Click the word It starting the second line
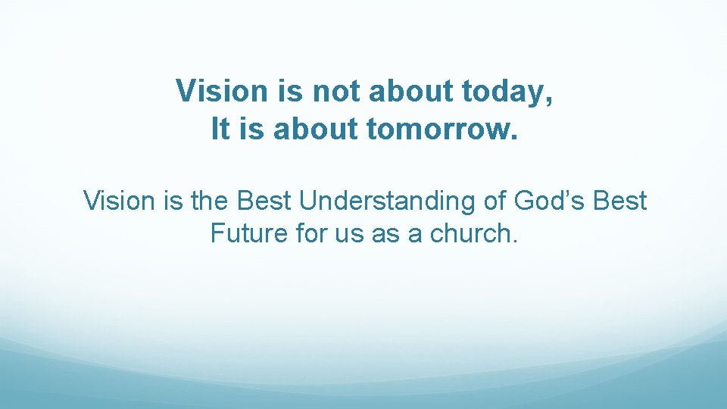pos(220,130)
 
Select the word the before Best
pos(208,201)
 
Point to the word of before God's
pos(494,201)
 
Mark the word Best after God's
pos(620,201)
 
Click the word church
pos(474,234)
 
